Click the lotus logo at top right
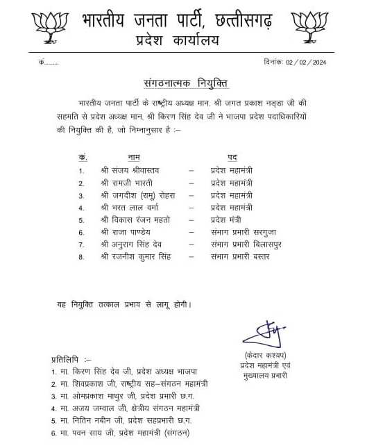click(x=309, y=26)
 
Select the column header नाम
click(x=133, y=158)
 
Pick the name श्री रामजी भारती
click(x=125, y=183)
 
